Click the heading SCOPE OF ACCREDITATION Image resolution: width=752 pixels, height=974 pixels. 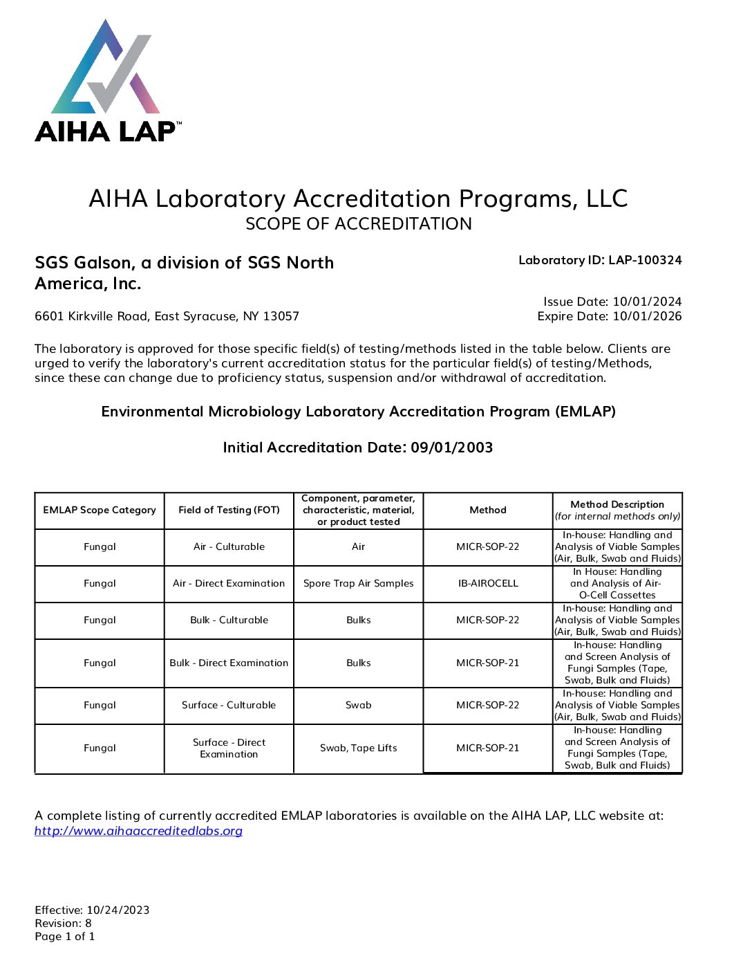(359, 224)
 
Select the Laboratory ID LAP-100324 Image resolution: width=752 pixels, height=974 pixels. (599, 260)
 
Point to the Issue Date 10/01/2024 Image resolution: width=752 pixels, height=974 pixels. (612, 302)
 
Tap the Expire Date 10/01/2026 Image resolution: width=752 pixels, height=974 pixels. (609, 316)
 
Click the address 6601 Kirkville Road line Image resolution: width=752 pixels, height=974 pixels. (167, 316)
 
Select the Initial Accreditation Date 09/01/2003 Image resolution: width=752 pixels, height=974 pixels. (357, 448)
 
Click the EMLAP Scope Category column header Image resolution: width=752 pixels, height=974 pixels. (100, 511)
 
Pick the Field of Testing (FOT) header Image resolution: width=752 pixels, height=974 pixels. (229, 511)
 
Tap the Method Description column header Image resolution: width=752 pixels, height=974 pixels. (617, 511)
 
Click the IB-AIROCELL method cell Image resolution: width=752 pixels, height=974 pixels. (488, 584)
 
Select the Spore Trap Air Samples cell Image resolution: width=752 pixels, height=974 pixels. (358, 584)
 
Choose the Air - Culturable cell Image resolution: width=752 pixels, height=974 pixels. (229, 547)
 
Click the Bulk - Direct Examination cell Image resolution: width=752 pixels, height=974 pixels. (229, 663)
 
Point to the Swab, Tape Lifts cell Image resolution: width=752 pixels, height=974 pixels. (358, 748)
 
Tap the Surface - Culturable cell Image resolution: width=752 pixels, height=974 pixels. (229, 706)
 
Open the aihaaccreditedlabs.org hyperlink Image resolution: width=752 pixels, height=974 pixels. (138, 831)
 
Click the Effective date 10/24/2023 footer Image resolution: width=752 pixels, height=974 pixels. (92, 910)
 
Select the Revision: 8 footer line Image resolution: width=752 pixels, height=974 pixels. (63, 924)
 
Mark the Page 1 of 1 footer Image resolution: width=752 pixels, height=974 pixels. (65, 937)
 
